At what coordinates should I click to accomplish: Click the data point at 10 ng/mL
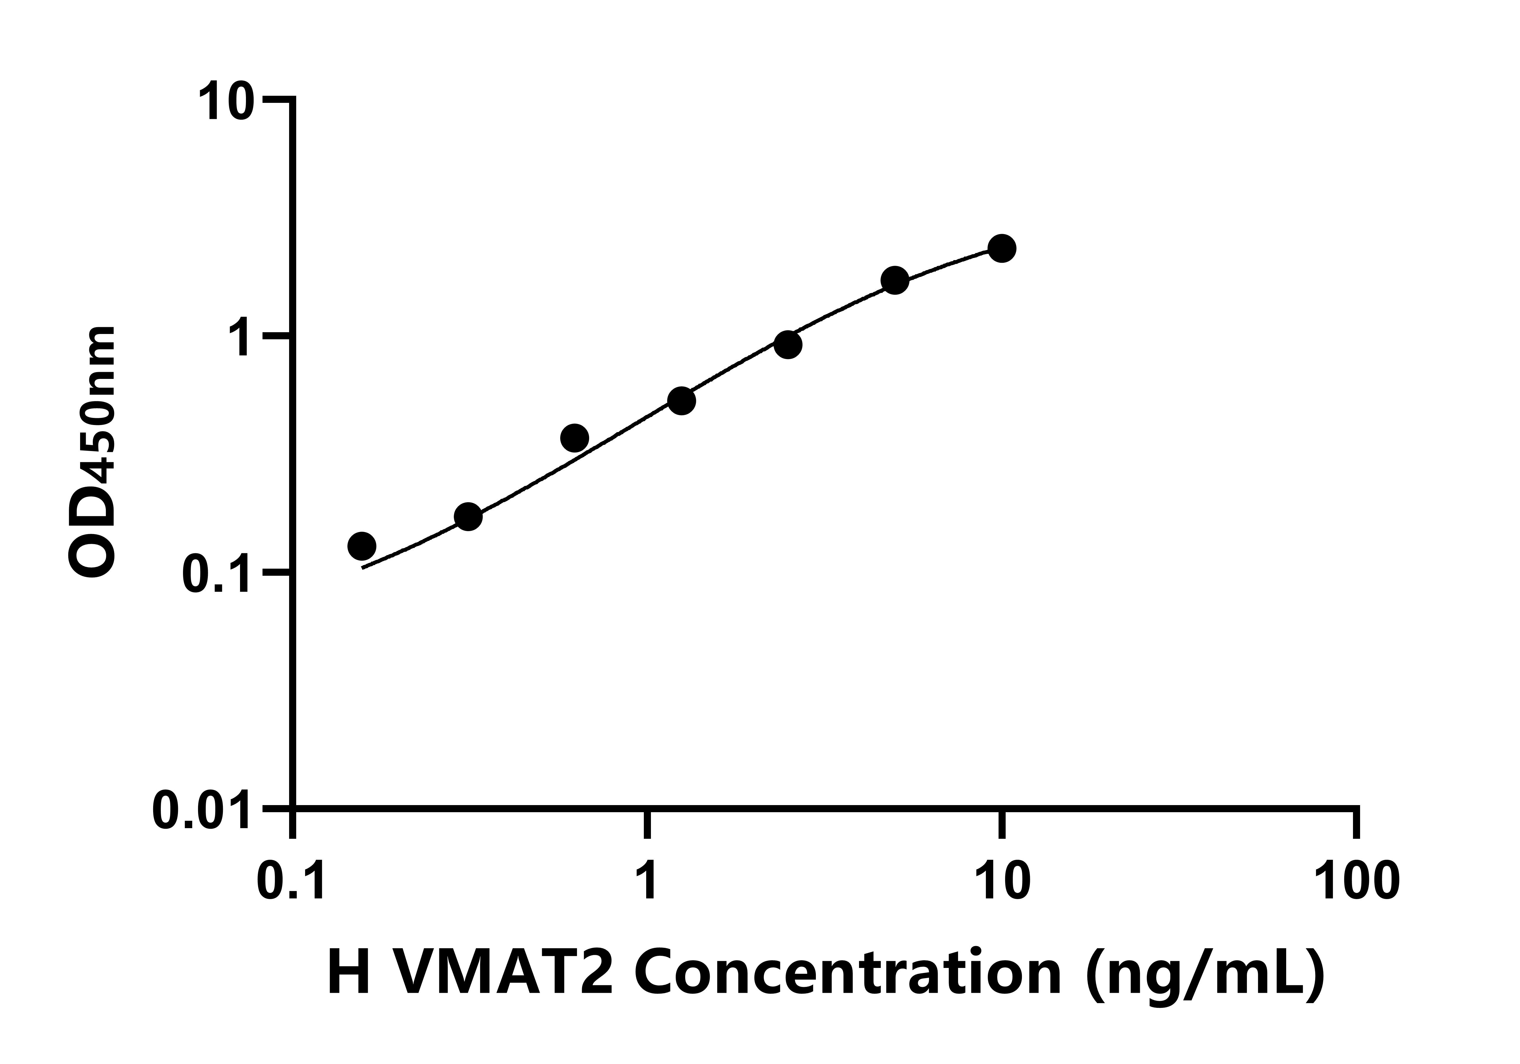(1002, 248)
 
